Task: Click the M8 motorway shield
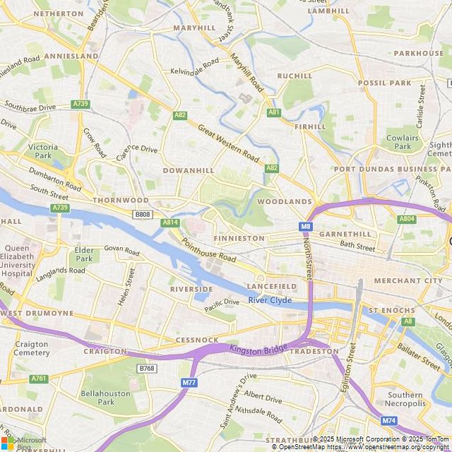click(x=305, y=227)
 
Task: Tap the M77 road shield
click(x=189, y=382)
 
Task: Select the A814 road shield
click(x=170, y=222)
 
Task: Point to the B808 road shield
click(x=143, y=214)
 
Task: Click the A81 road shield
click(x=274, y=112)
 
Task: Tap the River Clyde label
click(x=270, y=301)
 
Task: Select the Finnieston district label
click(x=239, y=239)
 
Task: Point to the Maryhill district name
click(x=194, y=28)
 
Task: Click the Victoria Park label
click(x=43, y=151)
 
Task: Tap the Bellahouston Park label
click(x=97, y=397)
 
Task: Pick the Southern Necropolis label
click(x=405, y=399)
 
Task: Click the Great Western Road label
click(x=228, y=141)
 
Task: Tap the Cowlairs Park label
click(x=403, y=143)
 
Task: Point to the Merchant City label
click(x=408, y=281)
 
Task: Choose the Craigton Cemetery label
click(x=32, y=347)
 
